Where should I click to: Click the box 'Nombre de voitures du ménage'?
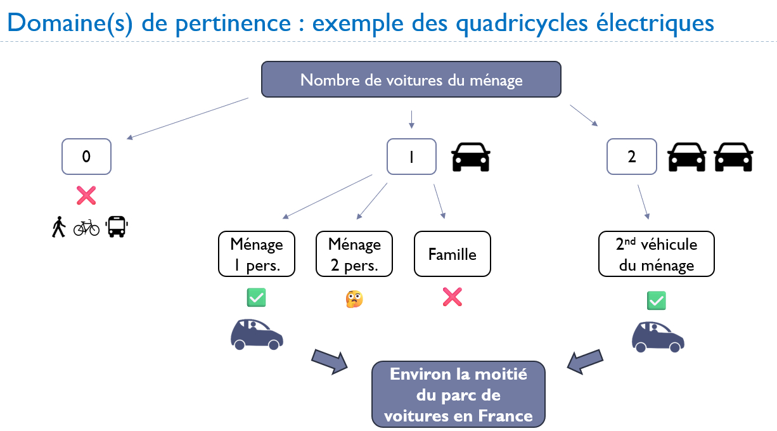411,80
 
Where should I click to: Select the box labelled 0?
86,157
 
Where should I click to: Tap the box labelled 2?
631,157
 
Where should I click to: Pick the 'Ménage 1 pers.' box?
257,254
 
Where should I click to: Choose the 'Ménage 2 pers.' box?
354,254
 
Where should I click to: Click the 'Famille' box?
452,254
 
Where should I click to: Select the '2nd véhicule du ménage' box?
657,254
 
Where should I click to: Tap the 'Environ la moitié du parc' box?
458,394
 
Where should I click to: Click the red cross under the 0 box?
86,195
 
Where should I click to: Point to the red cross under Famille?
452,297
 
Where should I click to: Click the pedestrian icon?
59,227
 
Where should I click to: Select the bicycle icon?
86,227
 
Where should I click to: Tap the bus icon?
116,226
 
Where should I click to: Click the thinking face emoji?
354,299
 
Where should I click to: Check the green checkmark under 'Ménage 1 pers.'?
256,297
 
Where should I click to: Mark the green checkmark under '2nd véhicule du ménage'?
656,300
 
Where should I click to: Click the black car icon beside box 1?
470,157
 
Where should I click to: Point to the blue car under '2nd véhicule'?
658,337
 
